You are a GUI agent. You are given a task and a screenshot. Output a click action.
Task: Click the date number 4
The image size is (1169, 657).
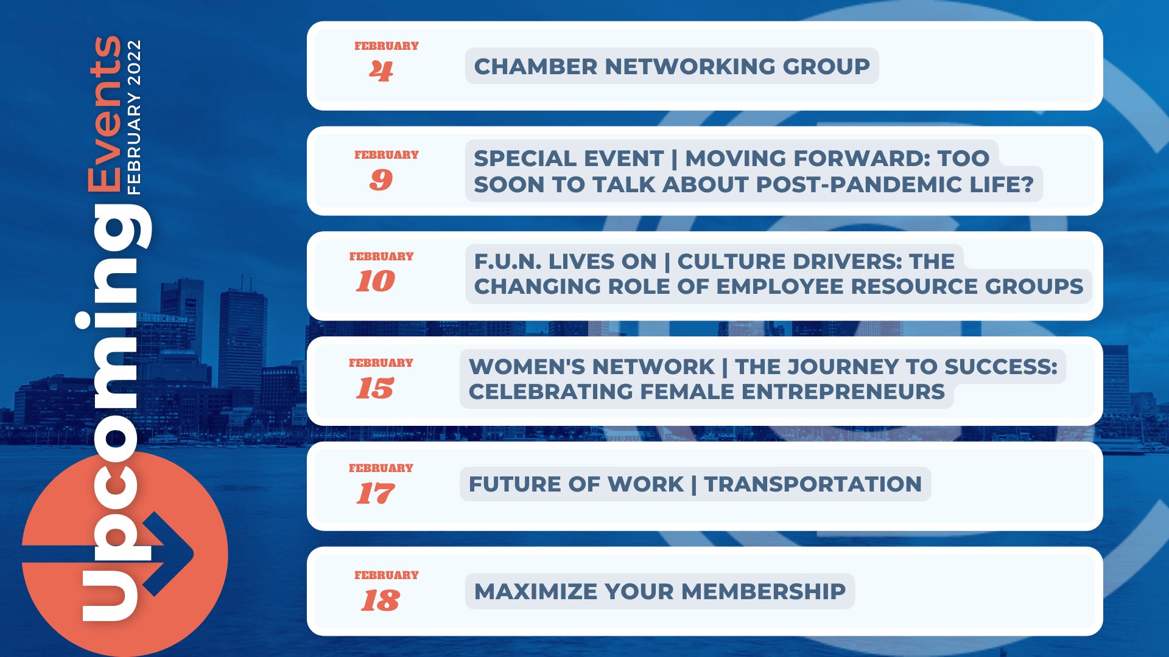tap(381, 72)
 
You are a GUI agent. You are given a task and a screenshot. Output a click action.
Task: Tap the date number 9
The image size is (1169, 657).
tap(381, 179)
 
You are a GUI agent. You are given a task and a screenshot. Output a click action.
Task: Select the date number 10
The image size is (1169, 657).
tap(375, 281)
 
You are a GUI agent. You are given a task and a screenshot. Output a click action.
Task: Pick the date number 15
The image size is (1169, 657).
tap(375, 388)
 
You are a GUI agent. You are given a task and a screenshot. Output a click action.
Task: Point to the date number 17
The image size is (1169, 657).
tap(375, 493)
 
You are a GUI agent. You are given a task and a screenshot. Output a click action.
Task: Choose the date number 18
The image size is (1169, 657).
tap(380, 601)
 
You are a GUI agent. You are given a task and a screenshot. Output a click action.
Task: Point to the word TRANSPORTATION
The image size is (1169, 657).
tap(813, 484)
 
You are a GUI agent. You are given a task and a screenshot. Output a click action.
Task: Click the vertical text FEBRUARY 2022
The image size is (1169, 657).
tap(135, 117)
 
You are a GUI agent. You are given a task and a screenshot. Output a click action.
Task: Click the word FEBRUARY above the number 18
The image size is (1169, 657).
tap(387, 575)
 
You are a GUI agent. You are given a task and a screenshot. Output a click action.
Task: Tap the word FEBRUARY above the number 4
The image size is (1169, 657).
tap(387, 46)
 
